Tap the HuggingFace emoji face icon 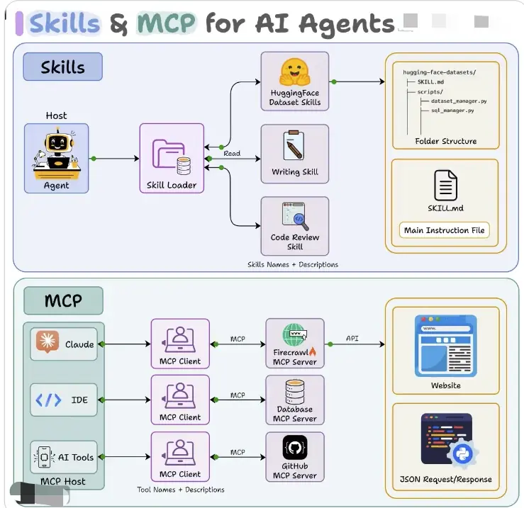coord(294,72)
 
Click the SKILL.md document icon coord(445,185)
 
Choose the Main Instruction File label coord(445,230)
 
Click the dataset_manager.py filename coord(459,101)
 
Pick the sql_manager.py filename coord(453,111)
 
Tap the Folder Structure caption coord(445,141)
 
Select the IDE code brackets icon coord(48,400)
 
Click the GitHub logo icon coord(294,447)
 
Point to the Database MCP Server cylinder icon coord(294,390)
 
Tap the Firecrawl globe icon coord(293,334)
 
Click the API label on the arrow coord(352,338)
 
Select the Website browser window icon coord(445,345)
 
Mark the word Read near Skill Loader coord(232,153)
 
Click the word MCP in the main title coord(167,23)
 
